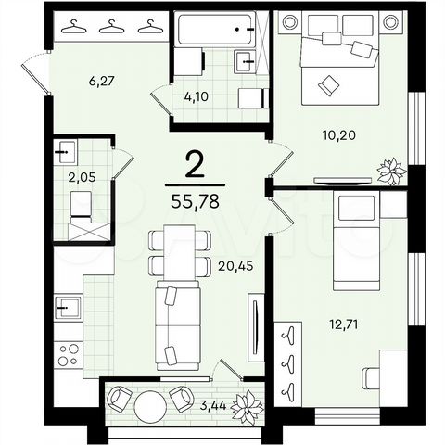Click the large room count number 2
tap(196, 166)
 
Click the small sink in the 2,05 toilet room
tap(65, 148)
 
